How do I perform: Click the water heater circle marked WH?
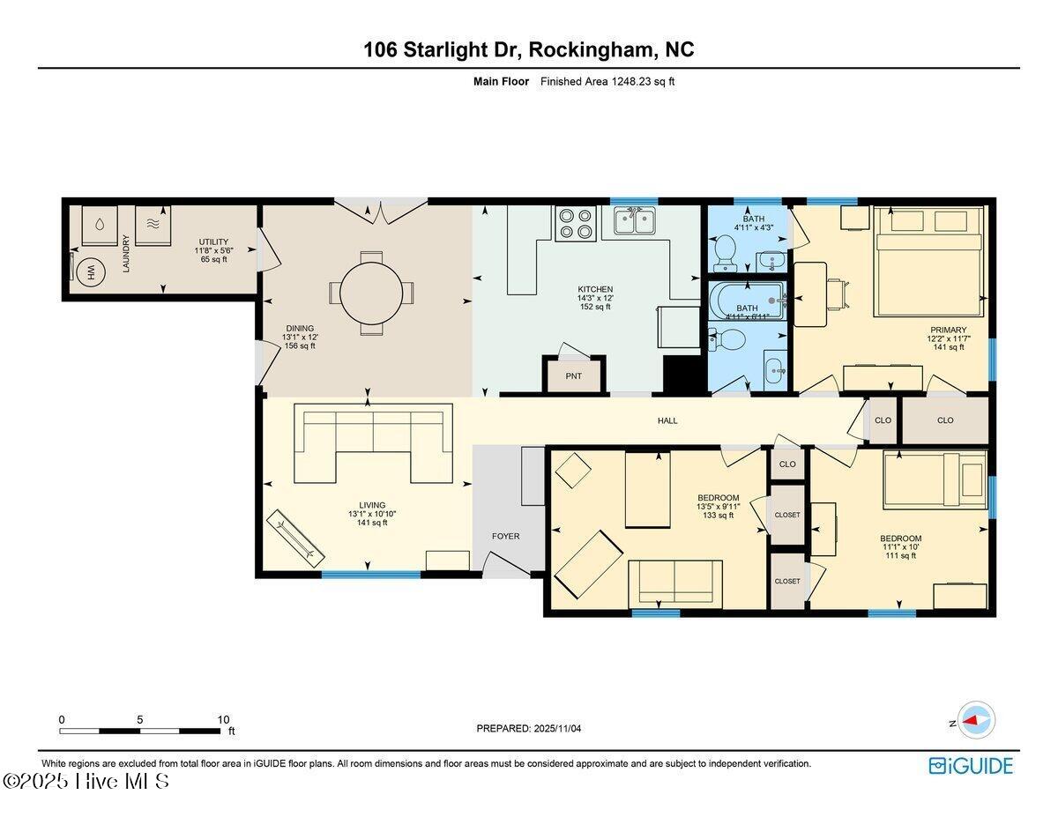tap(90, 274)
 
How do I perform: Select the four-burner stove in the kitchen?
tap(576, 223)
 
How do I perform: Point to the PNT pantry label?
tap(573, 376)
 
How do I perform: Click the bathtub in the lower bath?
tap(746, 301)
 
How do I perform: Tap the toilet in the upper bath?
tap(725, 251)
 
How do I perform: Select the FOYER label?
tap(505, 536)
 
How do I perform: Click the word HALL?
tap(667, 420)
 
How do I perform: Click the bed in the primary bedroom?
tap(928, 261)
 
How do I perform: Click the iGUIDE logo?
tap(971, 765)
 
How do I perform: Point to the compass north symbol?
tap(975, 720)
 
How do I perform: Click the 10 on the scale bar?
tap(223, 719)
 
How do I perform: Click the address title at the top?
tap(528, 50)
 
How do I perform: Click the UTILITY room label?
tap(213, 241)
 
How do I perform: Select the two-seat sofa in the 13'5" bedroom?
tap(674, 583)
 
